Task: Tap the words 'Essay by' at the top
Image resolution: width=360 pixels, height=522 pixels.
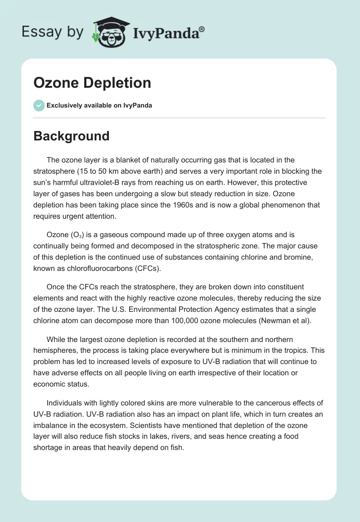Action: [x=53, y=32]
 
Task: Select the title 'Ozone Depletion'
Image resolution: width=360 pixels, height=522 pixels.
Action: [x=92, y=83]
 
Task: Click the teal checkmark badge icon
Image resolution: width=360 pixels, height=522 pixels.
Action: [x=39, y=105]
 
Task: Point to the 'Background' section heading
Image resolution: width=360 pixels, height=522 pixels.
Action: [x=72, y=136]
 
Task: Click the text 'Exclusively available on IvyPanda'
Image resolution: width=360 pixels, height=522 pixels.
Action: [x=99, y=106]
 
